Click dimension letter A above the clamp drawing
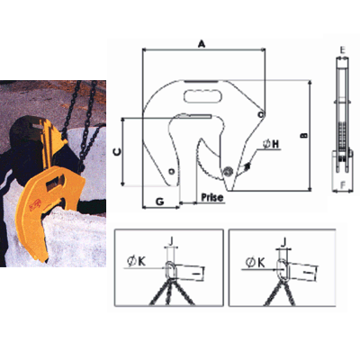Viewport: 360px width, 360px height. click(202, 44)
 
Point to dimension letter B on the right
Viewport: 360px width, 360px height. click(304, 136)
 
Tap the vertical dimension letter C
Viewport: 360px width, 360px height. click(118, 152)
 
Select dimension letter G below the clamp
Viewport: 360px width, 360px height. click(160, 202)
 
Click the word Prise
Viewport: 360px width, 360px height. click(212, 197)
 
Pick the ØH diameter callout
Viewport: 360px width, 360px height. click(271, 144)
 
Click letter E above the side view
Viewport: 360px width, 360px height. click(343, 50)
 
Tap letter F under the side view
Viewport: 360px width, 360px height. click(343, 185)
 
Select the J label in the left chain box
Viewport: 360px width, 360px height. click(171, 241)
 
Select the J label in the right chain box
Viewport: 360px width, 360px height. click(284, 241)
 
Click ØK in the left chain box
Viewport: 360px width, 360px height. click(137, 262)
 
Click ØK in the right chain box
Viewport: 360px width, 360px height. click(256, 263)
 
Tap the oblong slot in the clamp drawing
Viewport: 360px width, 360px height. click(202, 96)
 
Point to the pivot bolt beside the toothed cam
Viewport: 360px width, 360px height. click(228, 171)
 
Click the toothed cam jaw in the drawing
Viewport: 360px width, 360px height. click(209, 159)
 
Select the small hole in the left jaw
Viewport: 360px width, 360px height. click(171, 172)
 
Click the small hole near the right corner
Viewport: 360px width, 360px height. click(261, 114)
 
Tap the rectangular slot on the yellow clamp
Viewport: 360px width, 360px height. click(55, 183)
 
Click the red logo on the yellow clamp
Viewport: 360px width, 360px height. click(35, 205)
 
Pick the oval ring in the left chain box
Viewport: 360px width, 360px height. click(171, 269)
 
